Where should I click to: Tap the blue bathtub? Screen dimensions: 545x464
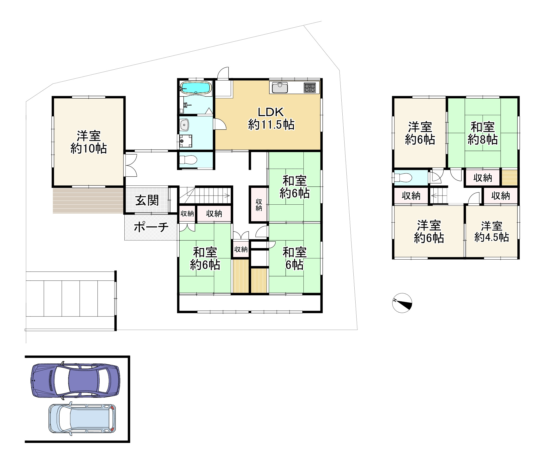[x=196, y=87]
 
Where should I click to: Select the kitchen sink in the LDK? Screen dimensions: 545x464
[x=280, y=87]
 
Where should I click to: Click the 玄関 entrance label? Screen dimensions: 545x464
[x=147, y=200]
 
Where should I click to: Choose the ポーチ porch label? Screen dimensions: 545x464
[x=151, y=227]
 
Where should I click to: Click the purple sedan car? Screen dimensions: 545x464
[x=75, y=381]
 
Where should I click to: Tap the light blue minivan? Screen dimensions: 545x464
[x=82, y=418]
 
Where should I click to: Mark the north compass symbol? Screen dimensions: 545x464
[x=402, y=303]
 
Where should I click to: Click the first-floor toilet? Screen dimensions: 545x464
[x=188, y=160]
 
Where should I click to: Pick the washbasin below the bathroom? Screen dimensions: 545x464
[x=184, y=125]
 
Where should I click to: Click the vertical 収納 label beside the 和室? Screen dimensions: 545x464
[x=259, y=205]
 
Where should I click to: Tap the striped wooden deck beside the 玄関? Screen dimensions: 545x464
[x=88, y=200]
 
